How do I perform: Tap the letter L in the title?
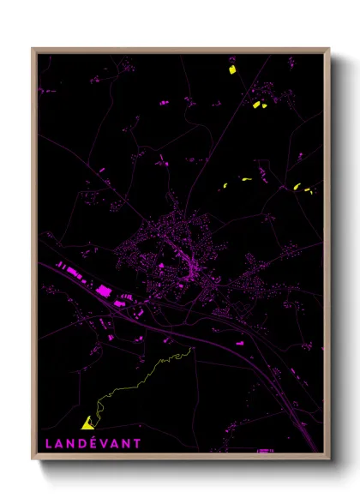coord(47,444)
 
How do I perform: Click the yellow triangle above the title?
coord(87,423)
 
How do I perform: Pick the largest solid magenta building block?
coord(105,291)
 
